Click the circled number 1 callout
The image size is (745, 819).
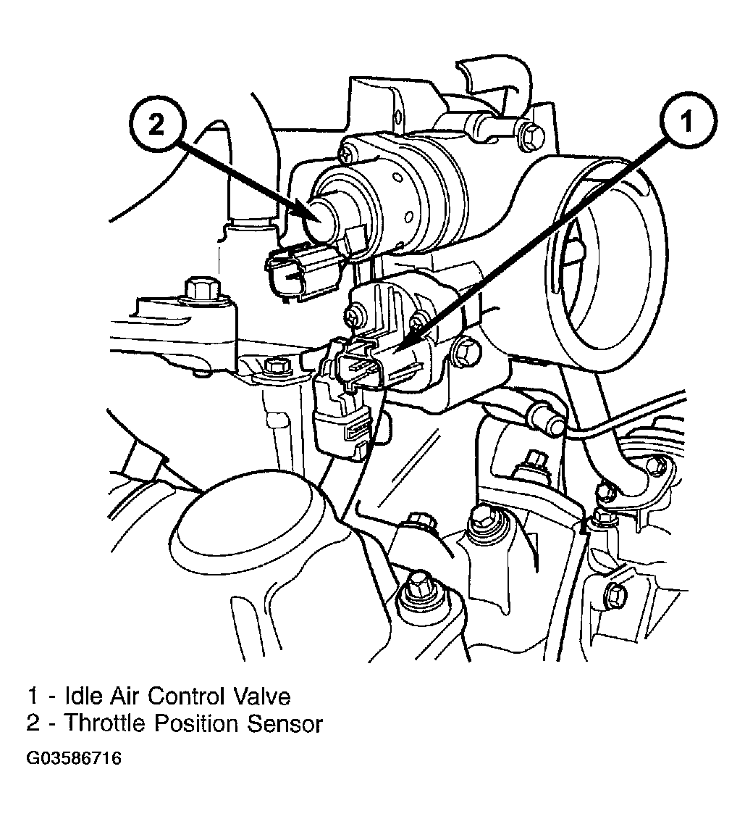[x=688, y=121]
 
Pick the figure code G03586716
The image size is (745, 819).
[x=74, y=758]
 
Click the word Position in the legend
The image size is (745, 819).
[x=195, y=723]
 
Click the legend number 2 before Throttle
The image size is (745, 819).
[x=33, y=723]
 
